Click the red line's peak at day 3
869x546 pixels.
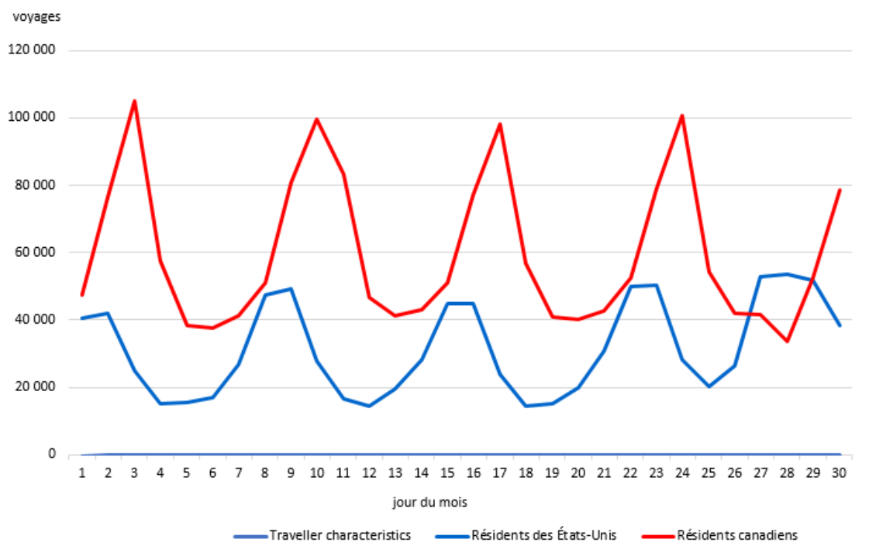point(134,101)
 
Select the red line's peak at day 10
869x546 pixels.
point(317,118)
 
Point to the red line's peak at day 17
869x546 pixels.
point(500,124)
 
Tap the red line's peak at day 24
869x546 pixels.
point(682,115)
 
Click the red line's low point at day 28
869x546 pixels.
point(787,341)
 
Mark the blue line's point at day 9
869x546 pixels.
point(291,289)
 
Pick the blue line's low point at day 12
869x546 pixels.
point(369,406)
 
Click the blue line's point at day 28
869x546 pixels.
point(787,274)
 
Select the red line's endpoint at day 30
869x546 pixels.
point(840,190)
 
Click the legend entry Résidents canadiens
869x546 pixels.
point(736,535)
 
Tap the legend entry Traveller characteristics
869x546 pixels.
point(340,535)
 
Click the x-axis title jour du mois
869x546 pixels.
point(429,502)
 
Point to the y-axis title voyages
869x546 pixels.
point(36,16)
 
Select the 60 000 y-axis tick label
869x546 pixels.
point(33,252)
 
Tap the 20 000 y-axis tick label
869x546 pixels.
point(33,387)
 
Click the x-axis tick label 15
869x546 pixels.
point(447,472)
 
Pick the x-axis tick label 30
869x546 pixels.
point(839,472)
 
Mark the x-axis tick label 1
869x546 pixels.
point(81,472)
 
